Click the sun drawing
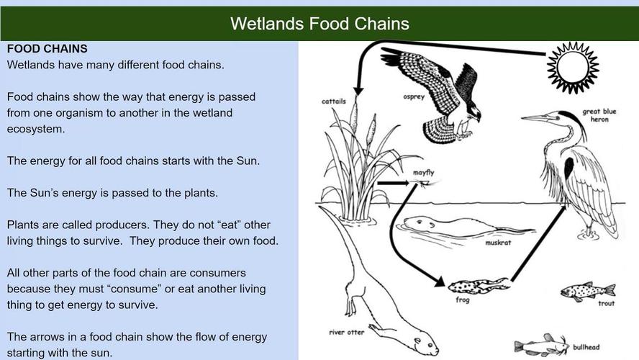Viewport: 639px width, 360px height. pyautogui.click(x=573, y=67)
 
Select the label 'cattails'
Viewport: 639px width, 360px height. pyautogui.click(x=333, y=101)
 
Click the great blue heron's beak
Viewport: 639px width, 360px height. pyautogui.click(x=536, y=118)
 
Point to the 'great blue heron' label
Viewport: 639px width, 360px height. pyautogui.click(x=599, y=115)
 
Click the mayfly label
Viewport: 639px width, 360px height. pyautogui.click(x=423, y=173)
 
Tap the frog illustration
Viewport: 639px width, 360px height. pyautogui.click(x=479, y=287)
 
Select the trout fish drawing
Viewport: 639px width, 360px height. pyautogui.click(x=588, y=291)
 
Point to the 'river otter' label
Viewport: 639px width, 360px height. pyautogui.click(x=346, y=332)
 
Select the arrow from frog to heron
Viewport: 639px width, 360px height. pyautogui.click(x=538, y=244)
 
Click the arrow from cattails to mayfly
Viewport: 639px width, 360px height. pyautogui.click(x=394, y=183)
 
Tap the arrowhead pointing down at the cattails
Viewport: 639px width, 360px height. pyautogui.click(x=358, y=91)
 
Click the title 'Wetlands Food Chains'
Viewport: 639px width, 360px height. pyautogui.click(x=319, y=24)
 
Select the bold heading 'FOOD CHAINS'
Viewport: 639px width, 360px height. pyautogui.click(x=47, y=49)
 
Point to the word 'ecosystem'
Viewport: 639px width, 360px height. pyautogui.click(x=36, y=130)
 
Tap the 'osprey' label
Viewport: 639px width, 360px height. pyautogui.click(x=414, y=97)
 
